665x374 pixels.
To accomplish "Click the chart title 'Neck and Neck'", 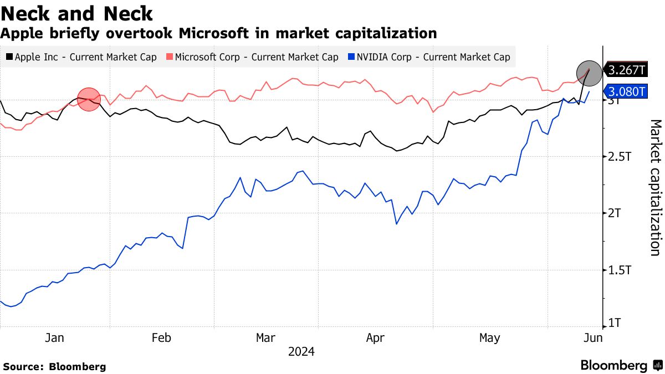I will click(77, 13).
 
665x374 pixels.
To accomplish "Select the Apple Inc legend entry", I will click(81, 57).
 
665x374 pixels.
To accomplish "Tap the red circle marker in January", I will click(89, 100).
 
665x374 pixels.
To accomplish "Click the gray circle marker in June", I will click(589, 72).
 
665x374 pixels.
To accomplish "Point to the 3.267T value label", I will click(626, 70).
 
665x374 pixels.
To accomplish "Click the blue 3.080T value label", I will click(626, 91).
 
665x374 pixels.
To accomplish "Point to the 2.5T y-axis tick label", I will click(620, 157).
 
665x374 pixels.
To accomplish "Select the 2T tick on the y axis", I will click(615, 213).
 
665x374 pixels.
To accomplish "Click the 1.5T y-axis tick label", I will click(620, 270).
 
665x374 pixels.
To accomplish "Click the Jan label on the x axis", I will click(55, 337).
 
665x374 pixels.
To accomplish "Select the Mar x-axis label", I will click(265, 337).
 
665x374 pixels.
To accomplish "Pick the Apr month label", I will click(375, 337).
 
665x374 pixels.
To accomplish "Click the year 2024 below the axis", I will click(301, 352).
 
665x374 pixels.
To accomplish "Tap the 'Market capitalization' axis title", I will click(654, 187).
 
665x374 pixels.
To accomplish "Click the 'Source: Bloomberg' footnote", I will click(54, 366).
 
